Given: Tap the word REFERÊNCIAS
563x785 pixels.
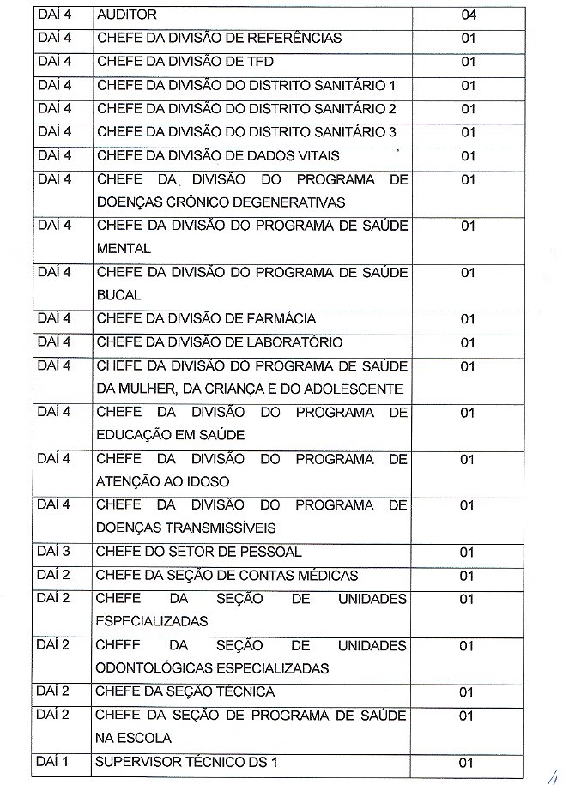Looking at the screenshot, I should pyautogui.click(x=295, y=39).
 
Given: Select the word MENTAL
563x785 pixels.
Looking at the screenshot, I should pyautogui.click(x=124, y=249).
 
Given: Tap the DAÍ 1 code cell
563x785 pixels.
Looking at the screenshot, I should pyautogui.click(x=53, y=761).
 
